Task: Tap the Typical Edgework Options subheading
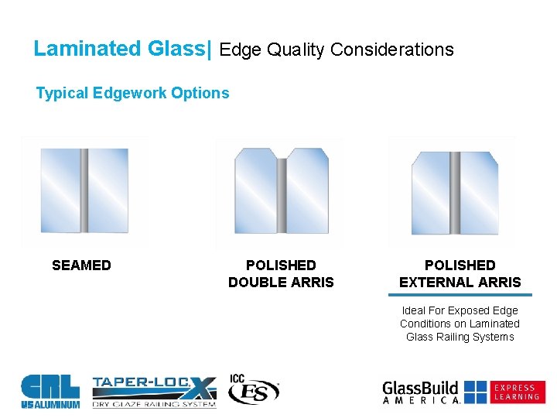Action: click(132, 93)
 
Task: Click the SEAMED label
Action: click(81, 266)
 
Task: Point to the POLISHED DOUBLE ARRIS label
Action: click(281, 274)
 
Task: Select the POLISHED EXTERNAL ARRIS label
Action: click(460, 274)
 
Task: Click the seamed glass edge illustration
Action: click(84, 191)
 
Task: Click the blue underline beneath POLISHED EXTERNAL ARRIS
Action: click(460, 295)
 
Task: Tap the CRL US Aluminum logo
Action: click(50, 390)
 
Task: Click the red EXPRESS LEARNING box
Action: click(517, 392)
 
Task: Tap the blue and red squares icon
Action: click(475, 392)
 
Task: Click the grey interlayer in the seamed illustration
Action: click(84, 191)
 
